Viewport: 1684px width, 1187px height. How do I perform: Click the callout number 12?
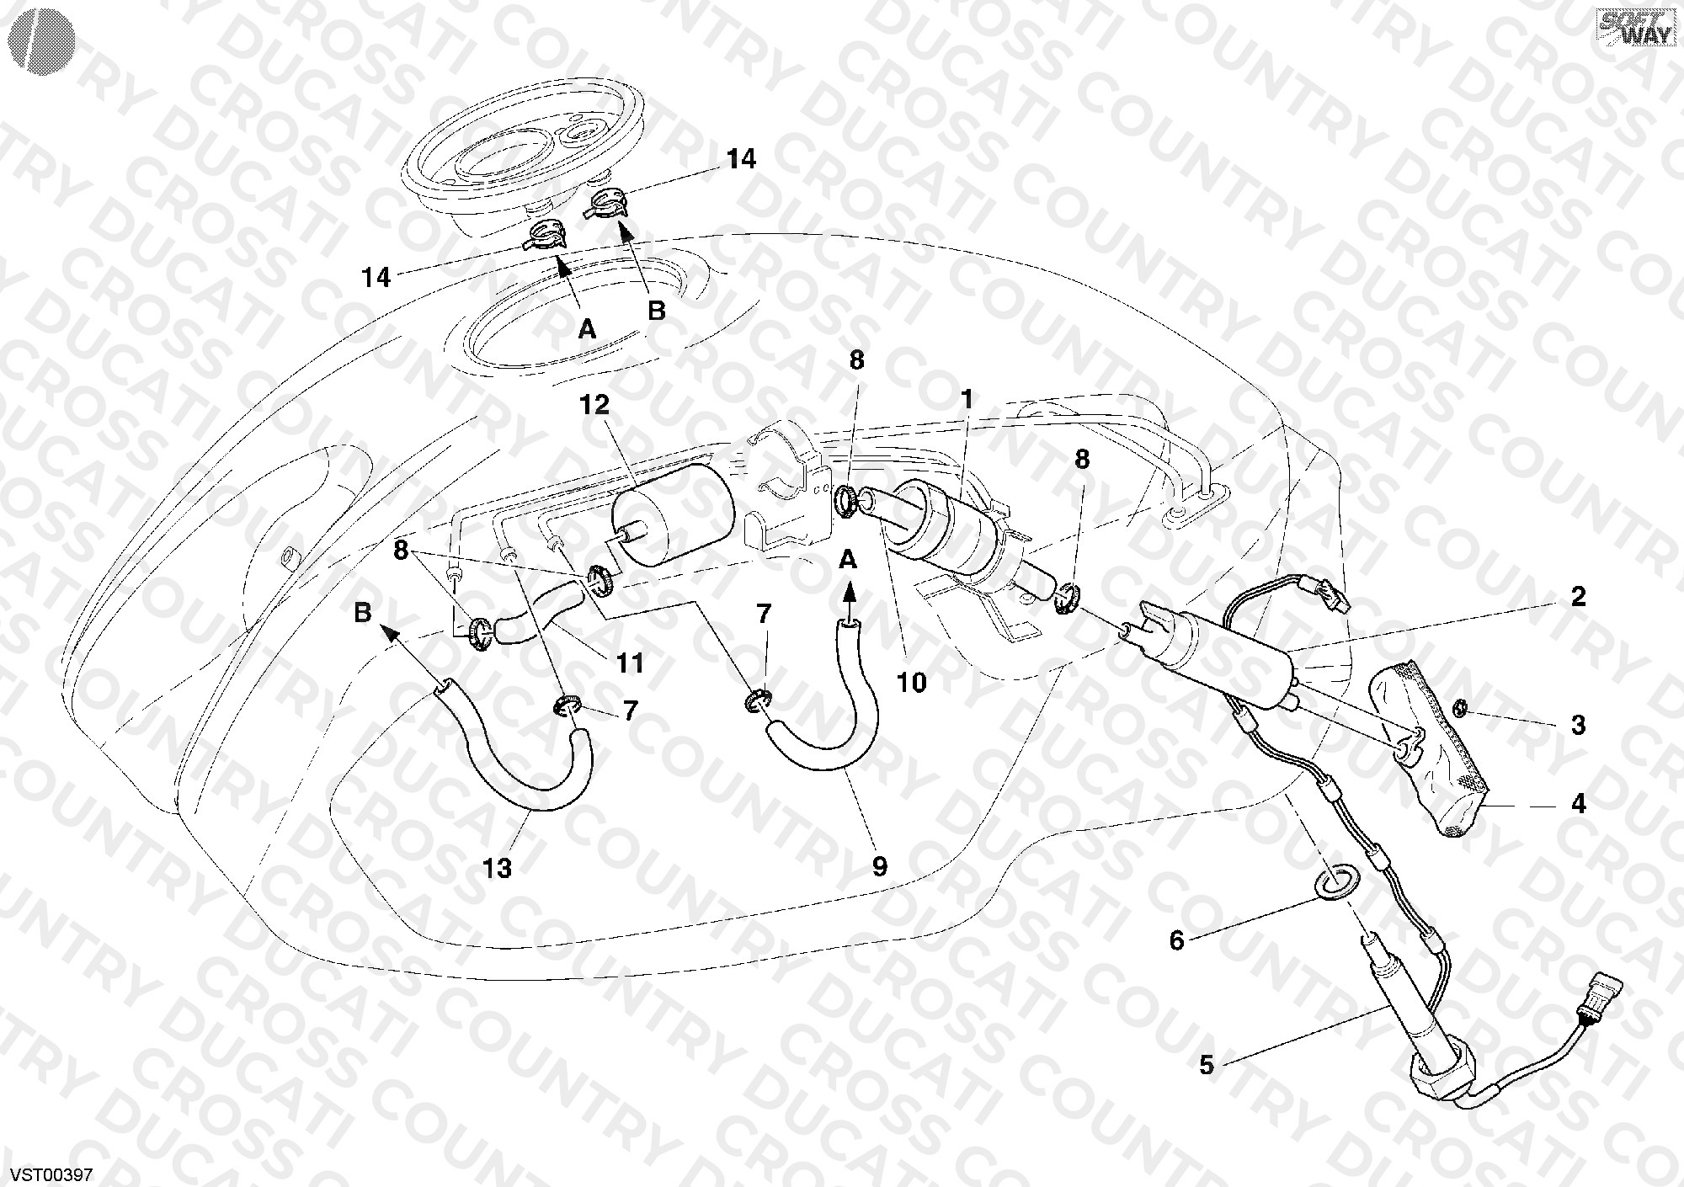[594, 405]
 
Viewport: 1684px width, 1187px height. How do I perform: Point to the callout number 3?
[1579, 725]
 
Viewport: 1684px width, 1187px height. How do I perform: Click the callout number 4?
[1579, 804]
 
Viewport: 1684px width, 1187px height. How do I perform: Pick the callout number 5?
[1207, 1065]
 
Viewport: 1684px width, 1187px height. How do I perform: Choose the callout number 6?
[1176, 940]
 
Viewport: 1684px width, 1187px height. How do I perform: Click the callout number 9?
[879, 866]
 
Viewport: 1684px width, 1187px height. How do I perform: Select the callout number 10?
[912, 682]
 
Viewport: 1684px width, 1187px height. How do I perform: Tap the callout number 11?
[630, 663]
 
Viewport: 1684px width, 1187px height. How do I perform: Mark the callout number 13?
[498, 868]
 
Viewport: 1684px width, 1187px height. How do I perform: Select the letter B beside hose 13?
[363, 612]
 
